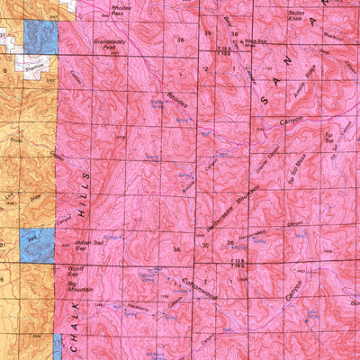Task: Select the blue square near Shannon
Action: click(x=40, y=36)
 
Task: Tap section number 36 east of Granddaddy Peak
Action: click(x=181, y=40)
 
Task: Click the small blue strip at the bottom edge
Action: click(x=57, y=346)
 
